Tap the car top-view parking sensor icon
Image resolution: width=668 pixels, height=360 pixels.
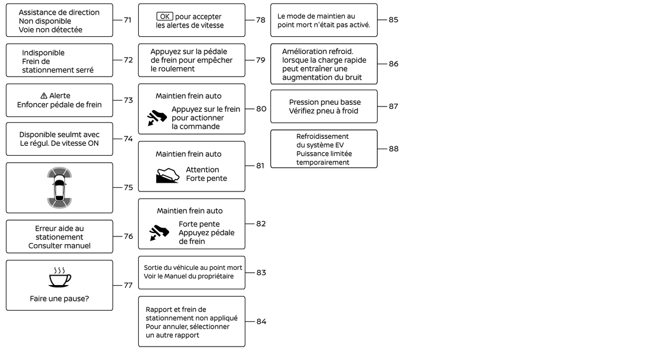point(59,188)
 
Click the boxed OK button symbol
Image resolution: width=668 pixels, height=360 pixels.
point(165,16)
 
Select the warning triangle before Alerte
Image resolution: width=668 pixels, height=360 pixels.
point(44,96)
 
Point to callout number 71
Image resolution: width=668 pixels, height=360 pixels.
point(127,20)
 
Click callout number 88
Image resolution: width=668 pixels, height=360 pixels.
point(393,149)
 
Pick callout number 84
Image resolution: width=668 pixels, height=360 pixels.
point(261,321)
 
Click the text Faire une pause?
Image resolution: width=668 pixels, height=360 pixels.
point(59,299)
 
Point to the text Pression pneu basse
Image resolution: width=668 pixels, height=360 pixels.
point(324,102)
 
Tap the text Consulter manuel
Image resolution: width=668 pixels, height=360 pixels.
point(59,246)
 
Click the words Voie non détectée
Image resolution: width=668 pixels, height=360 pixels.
point(50,29)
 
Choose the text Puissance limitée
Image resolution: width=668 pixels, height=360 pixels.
point(324,154)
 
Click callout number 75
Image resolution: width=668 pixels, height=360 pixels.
point(127,188)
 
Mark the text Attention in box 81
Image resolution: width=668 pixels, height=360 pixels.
point(203,170)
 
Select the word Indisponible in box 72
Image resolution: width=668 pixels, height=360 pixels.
point(43,53)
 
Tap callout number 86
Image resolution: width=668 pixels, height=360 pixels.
point(393,64)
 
